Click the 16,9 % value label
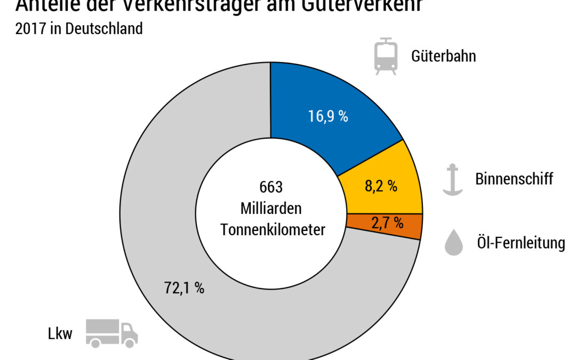coord(328,117)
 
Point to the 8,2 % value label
coord(381,186)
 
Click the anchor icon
coord(452,179)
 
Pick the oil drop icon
coord(453,243)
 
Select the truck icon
coord(112,334)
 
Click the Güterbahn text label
coord(443,56)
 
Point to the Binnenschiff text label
coord(514,179)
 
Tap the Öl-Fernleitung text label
coord(520,243)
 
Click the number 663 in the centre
coord(271,188)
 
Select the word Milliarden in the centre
coord(271,209)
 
